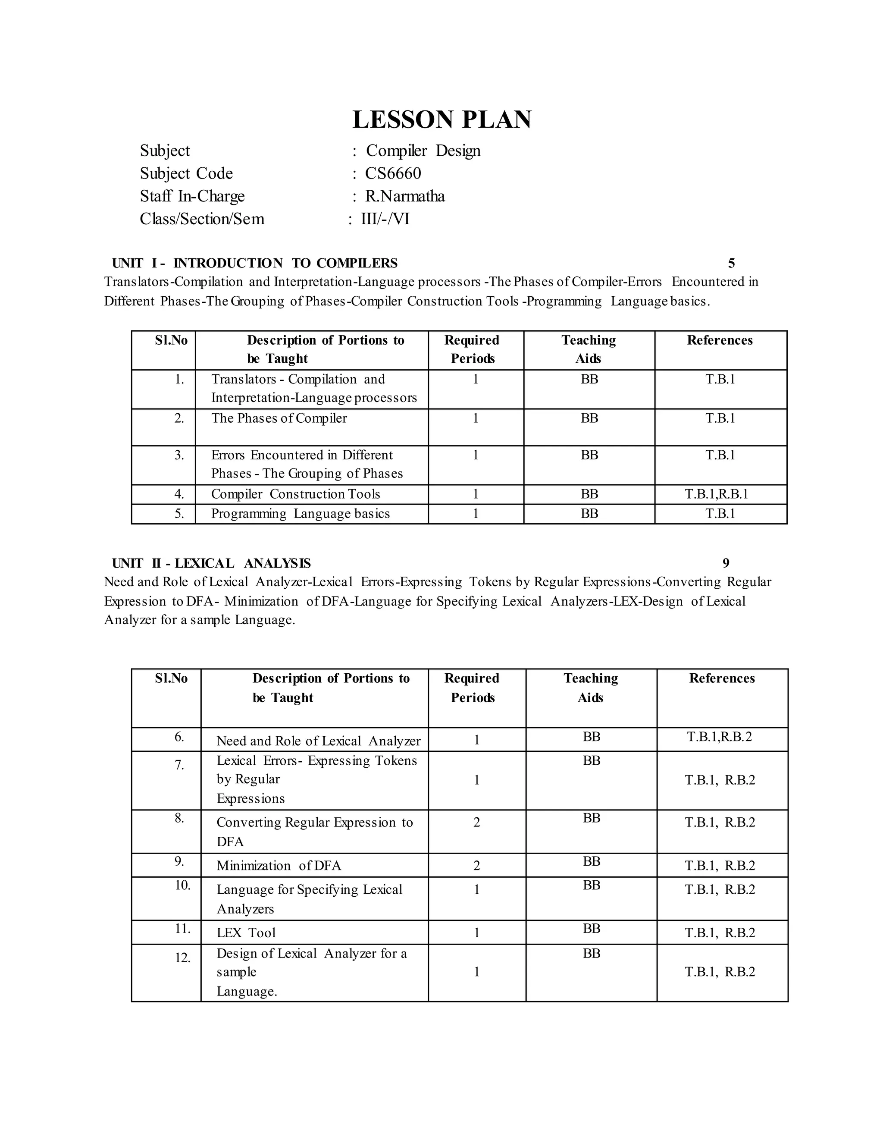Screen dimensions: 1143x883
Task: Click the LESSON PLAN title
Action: pyautogui.click(x=441, y=119)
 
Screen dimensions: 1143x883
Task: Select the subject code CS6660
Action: pyautogui.click(x=392, y=173)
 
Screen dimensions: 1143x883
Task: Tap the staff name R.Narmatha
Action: pyautogui.click(x=404, y=196)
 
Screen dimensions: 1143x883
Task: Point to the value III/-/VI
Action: pyautogui.click(x=385, y=219)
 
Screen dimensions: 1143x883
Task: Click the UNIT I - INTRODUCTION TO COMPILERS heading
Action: pyautogui.click(x=255, y=263)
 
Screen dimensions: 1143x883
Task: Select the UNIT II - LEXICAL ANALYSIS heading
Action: pyautogui.click(x=211, y=563)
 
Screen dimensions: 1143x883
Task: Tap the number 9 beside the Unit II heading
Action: pyautogui.click(x=726, y=563)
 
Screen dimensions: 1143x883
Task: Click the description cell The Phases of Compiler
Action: pyautogui.click(x=279, y=418)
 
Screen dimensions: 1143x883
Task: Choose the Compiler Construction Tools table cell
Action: pyautogui.click(x=295, y=494)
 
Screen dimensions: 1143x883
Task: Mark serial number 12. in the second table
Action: pyautogui.click(x=182, y=958)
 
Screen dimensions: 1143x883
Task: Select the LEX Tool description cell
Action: pyautogui.click(x=246, y=933)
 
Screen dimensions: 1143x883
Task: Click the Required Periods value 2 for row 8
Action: pyautogui.click(x=476, y=822)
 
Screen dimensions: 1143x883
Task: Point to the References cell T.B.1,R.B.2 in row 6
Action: pyautogui.click(x=719, y=737)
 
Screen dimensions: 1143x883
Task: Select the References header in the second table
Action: pyautogui.click(x=721, y=678)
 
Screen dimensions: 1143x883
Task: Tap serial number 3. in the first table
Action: pyautogui.click(x=179, y=455)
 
